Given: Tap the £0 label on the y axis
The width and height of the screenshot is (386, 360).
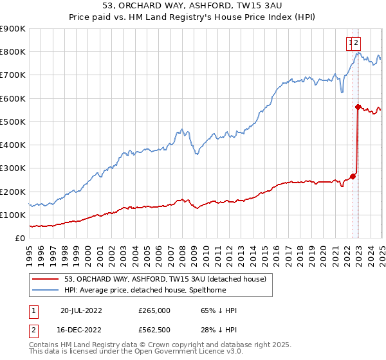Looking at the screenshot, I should [x=20, y=239].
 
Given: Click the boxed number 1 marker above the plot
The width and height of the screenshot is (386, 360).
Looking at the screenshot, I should [x=351, y=43].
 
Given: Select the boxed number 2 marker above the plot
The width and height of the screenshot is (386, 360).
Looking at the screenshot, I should [x=356, y=43].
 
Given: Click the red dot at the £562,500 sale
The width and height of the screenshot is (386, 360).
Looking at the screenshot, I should [x=357, y=107].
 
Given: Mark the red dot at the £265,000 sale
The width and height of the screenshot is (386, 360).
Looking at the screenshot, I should [x=353, y=176].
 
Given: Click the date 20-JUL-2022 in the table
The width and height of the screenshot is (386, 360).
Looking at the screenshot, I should [x=81, y=310].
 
